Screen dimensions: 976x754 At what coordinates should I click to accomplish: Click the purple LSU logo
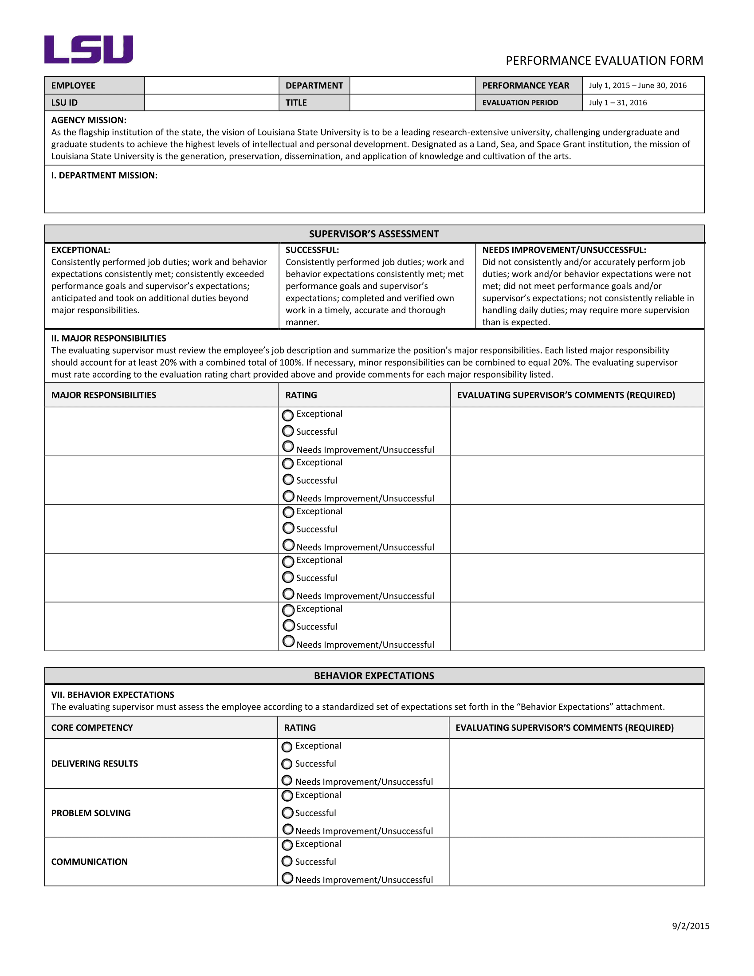click(88, 50)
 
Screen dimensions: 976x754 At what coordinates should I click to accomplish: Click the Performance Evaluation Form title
click(604, 61)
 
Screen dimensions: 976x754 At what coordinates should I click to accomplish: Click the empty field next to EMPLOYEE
click(211, 85)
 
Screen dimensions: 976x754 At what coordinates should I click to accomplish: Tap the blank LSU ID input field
click(211, 102)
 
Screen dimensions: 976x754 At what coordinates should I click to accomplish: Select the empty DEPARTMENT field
click(412, 85)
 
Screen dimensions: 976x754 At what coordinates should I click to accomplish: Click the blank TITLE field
click(412, 102)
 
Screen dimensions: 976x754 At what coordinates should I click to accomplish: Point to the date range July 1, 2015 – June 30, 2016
click(637, 85)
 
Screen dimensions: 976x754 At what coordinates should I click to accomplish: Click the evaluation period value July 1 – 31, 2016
click(618, 102)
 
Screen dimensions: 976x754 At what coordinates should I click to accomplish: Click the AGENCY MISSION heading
click(88, 120)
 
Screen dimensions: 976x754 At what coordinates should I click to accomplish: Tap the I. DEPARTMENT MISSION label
click(104, 176)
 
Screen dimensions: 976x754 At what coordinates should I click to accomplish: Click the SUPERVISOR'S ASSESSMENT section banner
click(374, 234)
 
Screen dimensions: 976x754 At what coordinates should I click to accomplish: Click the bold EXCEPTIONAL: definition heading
click(80, 250)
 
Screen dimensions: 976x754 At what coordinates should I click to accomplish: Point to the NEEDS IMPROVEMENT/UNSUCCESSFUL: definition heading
click(564, 250)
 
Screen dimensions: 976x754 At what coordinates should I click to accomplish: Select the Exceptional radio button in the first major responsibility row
click(288, 415)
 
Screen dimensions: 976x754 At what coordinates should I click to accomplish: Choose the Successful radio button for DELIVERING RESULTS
click(287, 764)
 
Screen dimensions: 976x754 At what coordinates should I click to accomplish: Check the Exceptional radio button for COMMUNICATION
click(287, 845)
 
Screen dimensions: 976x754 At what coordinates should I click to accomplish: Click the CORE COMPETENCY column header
click(92, 728)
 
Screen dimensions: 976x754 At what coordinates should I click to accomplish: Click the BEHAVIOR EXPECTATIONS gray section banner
click(374, 676)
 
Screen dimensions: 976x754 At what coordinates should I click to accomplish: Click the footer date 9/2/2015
click(690, 926)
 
